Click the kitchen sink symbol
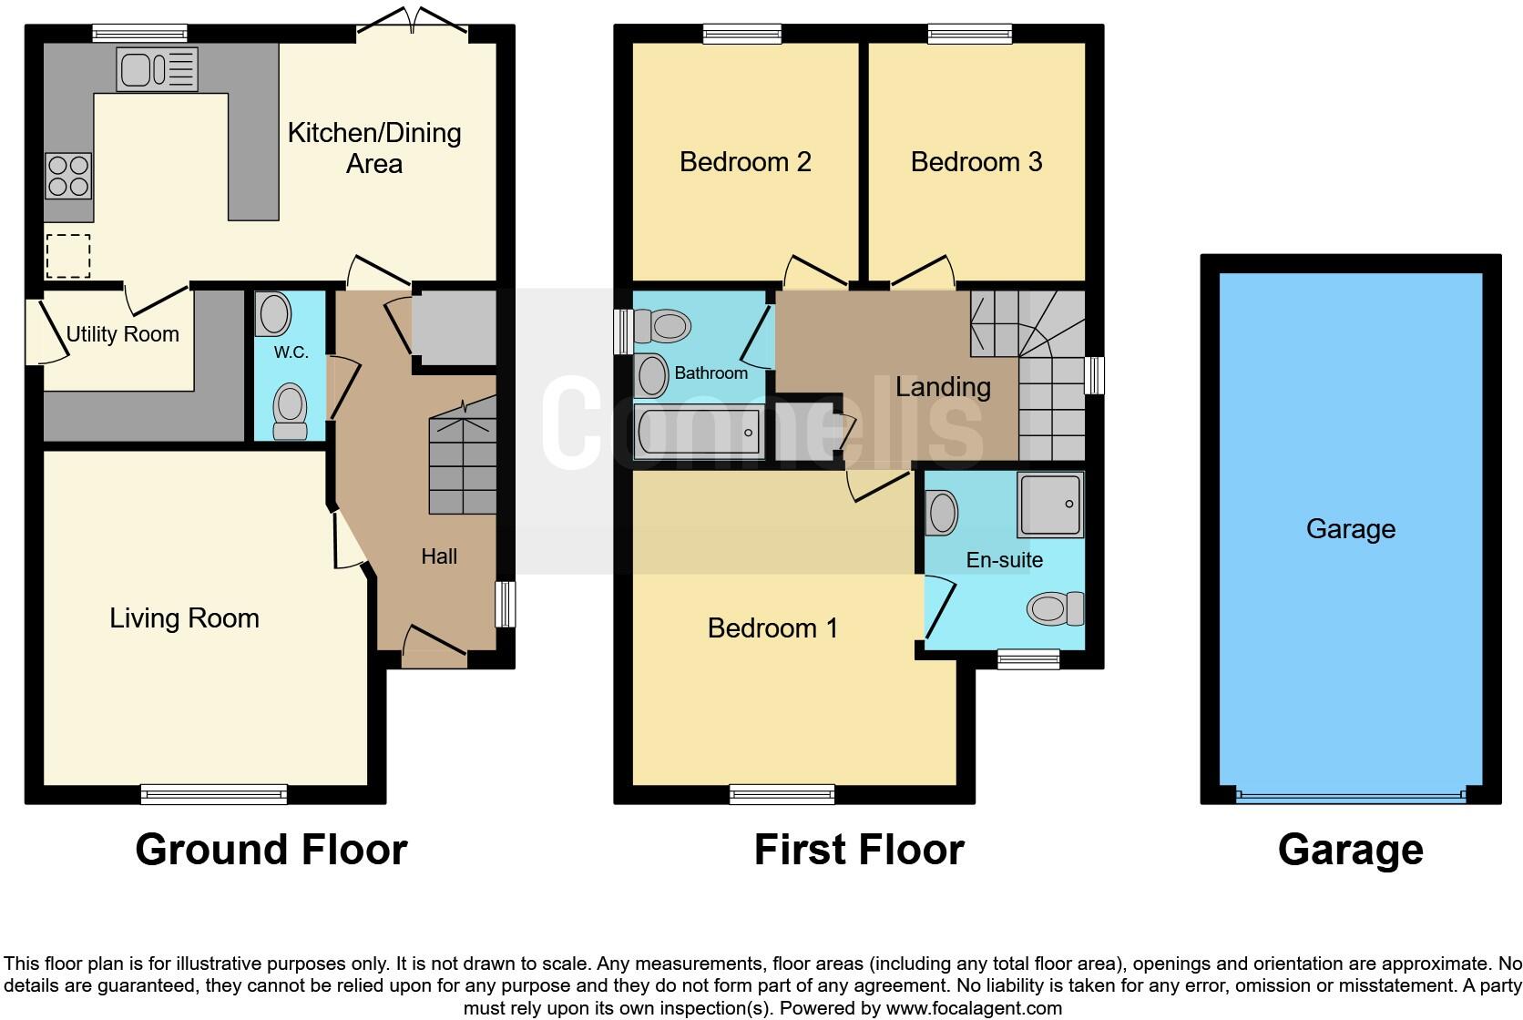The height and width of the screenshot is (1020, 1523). pyautogui.click(x=157, y=69)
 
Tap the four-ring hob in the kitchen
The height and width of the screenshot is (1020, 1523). pyautogui.click(x=68, y=176)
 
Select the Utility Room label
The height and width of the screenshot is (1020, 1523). pyautogui.click(x=122, y=334)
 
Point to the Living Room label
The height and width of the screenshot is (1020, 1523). pyautogui.click(x=184, y=618)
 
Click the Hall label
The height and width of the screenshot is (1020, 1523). pyautogui.click(x=438, y=556)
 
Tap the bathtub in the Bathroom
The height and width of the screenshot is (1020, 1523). pyautogui.click(x=699, y=433)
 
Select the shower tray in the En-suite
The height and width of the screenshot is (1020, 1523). pyautogui.click(x=1050, y=504)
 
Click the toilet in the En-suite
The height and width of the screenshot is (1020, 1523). pyautogui.click(x=1057, y=608)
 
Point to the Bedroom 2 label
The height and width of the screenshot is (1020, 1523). pyautogui.click(x=745, y=162)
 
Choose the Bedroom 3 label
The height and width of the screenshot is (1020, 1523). pyautogui.click(x=976, y=162)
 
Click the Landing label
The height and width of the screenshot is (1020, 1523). pyautogui.click(x=943, y=387)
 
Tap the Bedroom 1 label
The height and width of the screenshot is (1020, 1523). pyautogui.click(x=772, y=628)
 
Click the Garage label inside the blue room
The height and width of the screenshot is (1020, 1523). pyautogui.click(x=1350, y=529)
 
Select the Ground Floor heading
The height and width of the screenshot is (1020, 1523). pyautogui.click(x=271, y=850)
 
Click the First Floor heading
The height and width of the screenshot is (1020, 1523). pyautogui.click(x=858, y=850)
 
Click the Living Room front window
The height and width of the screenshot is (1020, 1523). pyautogui.click(x=214, y=795)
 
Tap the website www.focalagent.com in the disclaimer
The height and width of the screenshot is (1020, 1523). pyautogui.click(x=973, y=1008)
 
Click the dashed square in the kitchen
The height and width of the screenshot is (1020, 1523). pyautogui.click(x=68, y=255)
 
